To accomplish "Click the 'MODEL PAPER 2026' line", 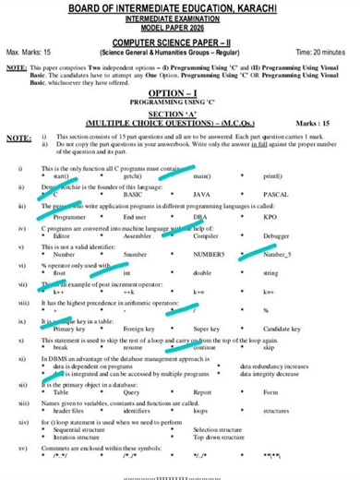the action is pyautogui.click(x=181, y=29).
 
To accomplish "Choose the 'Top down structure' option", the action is pyautogui.click(x=222, y=437).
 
